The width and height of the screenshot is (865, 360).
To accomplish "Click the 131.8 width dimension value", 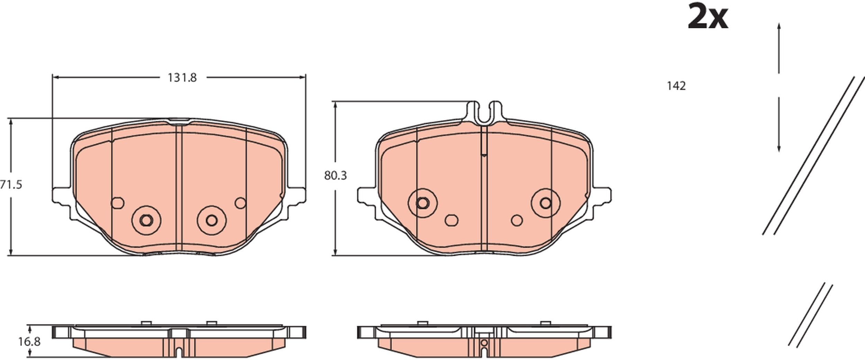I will (182, 78).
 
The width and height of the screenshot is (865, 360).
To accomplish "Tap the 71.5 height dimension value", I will (11, 185).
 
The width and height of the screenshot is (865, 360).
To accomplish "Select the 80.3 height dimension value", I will (335, 176).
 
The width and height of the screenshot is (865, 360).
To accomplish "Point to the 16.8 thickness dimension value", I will (29, 342).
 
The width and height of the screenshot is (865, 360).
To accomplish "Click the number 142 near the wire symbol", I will (676, 86).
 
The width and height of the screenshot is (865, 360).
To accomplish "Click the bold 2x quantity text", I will (708, 17).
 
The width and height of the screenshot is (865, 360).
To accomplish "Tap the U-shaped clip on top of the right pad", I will (484, 112).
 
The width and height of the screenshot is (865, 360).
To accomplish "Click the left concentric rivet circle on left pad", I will (146, 220).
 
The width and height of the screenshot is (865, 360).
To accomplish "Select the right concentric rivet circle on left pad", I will (211, 220).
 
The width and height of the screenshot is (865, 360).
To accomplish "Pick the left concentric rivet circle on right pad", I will (423, 203).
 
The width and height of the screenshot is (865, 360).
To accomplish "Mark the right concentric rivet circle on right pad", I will (546, 203).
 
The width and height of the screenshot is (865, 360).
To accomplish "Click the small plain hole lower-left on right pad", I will (451, 220).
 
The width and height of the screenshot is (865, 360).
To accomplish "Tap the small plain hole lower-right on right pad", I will (517, 220).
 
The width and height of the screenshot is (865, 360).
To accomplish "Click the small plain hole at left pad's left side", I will (117, 203).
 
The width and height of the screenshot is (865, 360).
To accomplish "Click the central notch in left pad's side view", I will (179, 352).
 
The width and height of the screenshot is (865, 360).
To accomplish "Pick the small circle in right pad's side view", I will (484, 343).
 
